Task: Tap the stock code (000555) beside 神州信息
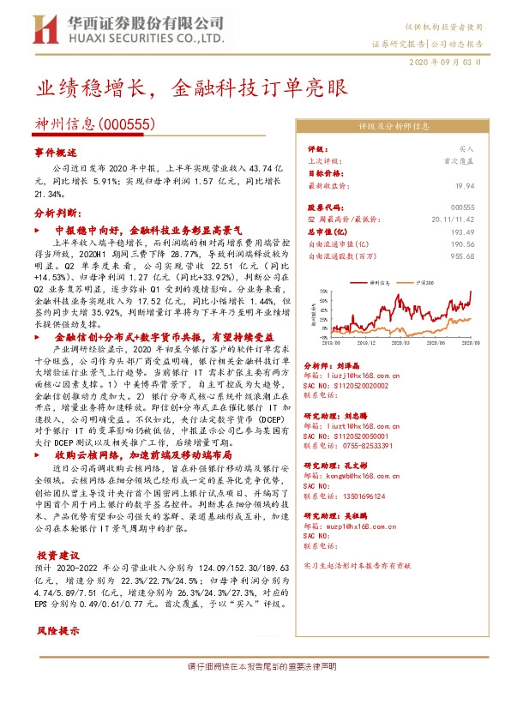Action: [x=130, y=125]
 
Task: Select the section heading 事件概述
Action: [x=56, y=151]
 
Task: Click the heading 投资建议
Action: [x=61, y=556]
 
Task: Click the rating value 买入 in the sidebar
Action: [x=466, y=148]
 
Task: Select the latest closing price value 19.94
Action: [x=466, y=184]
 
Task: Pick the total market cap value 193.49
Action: [x=464, y=232]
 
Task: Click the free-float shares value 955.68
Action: [x=464, y=256]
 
